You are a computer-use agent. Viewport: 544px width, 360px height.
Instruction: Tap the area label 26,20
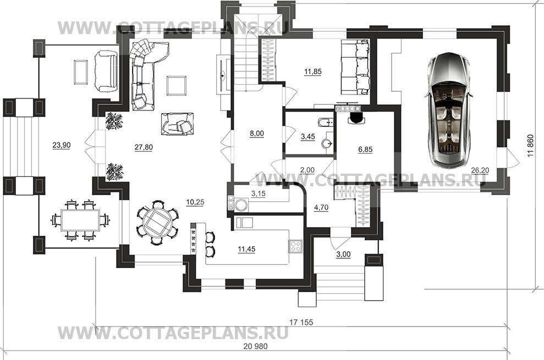[480, 170]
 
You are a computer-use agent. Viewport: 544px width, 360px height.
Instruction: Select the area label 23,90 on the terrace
[62, 145]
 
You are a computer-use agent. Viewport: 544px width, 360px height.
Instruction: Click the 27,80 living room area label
[144, 147]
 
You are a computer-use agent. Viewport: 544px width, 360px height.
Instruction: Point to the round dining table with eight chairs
[157, 221]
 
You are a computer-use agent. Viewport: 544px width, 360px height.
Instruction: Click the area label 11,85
[312, 72]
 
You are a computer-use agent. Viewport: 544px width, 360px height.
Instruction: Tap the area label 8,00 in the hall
[257, 134]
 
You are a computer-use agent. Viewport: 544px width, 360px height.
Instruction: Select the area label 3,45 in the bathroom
[307, 137]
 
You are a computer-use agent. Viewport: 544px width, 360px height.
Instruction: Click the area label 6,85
[365, 149]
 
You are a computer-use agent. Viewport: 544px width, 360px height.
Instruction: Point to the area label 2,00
[307, 170]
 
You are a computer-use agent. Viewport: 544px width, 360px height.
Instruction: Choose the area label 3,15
[258, 193]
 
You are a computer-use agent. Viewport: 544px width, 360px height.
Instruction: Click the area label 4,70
[321, 208]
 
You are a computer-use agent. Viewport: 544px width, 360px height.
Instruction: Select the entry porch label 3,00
[343, 254]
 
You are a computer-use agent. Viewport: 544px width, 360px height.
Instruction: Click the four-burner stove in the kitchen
[295, 246]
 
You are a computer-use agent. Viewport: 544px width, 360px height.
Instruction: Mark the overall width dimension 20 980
[256, 346]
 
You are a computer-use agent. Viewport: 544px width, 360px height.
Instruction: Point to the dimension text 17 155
[301, 322]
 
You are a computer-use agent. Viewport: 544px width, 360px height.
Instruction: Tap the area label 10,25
[195, 202]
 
